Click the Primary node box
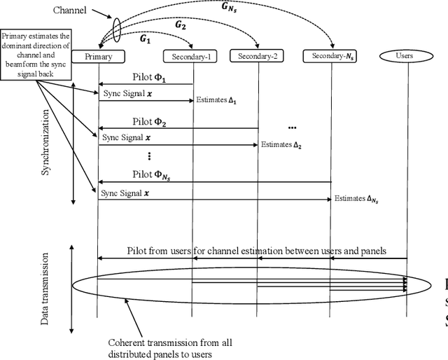pos(99,57)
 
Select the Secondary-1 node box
pos(191,57)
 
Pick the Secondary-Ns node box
pos(330,57)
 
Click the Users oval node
pos(406,55)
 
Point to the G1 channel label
pos(146,40)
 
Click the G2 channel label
pos(181,25)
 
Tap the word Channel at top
pos(71,11)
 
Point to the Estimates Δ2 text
pos(281,146)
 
